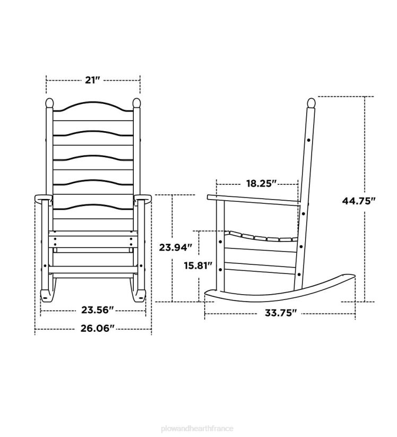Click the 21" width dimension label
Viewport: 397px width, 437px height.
[x=93, y=80]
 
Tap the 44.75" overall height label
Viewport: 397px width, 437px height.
[x=358, y=200]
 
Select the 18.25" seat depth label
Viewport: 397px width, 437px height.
[x=262, y=184]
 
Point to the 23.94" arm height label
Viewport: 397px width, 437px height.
[x=175, y=247]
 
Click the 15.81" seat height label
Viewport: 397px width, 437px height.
[x=198, y=265]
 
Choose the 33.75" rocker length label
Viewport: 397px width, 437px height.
[x=280, y=313]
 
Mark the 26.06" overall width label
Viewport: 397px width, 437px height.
[x=93, y=328]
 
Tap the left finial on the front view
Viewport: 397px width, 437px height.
[x=50, y=102]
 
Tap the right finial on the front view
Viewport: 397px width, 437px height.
[x=136, y=102]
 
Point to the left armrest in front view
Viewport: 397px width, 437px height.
[x=44, y=199]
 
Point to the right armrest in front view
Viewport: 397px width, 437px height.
[x=143, y=199]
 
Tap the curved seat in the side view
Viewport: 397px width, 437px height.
[x=260, y=237]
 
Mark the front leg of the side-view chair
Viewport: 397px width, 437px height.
[x=220, y=244]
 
